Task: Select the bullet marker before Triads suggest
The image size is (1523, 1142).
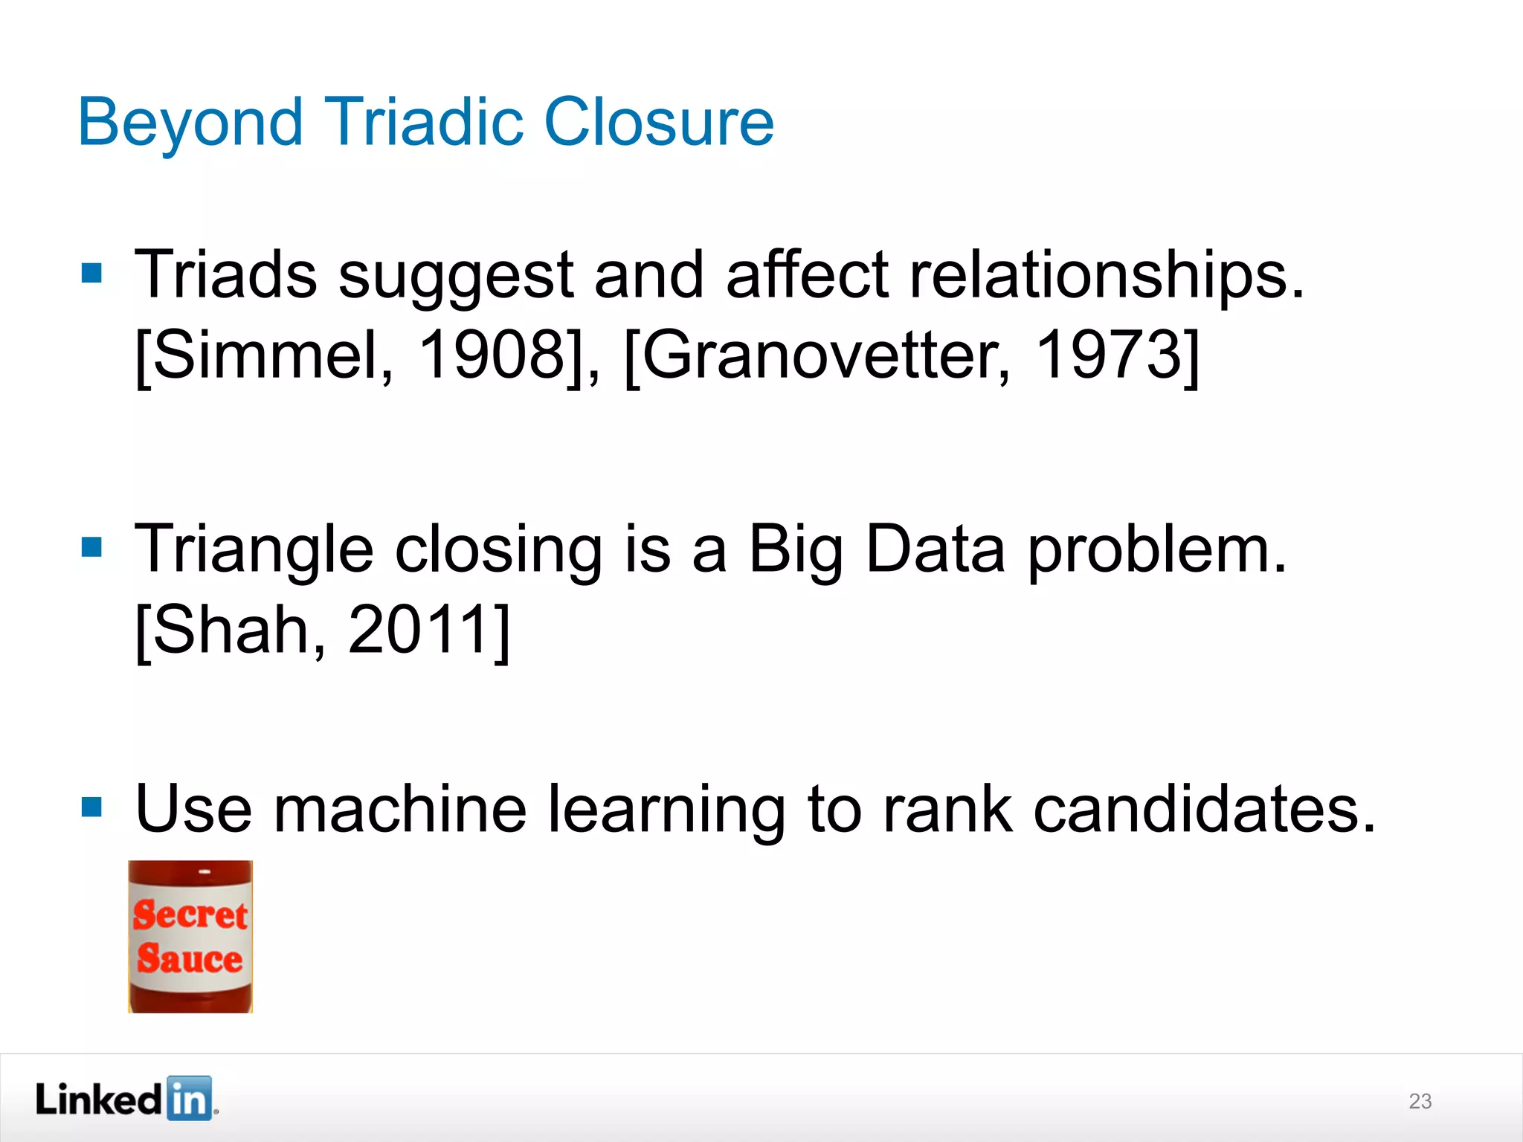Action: (x=91, y=273)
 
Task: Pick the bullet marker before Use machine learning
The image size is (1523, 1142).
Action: (x=91, y=807)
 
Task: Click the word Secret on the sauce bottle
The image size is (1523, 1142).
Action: (x=190, y=914)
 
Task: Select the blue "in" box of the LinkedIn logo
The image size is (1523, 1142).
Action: (x=189, y=1098)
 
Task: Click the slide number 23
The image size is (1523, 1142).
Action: (x=1420, y=1101)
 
